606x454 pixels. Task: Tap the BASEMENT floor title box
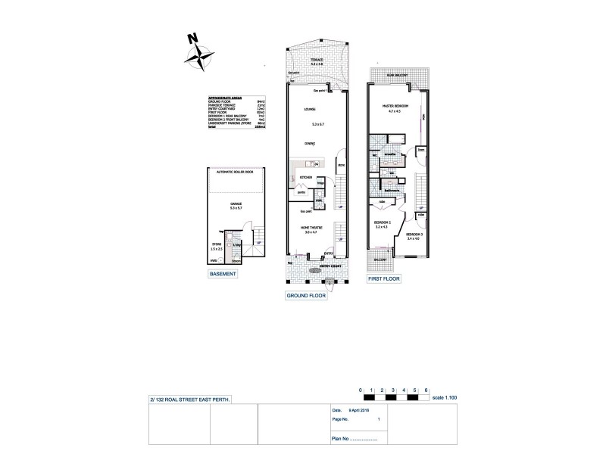tap(223, 275)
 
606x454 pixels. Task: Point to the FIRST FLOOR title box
tap(383, 278)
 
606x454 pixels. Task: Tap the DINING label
tap(310, 143)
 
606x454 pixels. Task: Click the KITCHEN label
tap(306, 176)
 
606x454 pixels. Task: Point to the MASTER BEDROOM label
tap(395, 105)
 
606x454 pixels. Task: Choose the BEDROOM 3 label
tap(414, 235)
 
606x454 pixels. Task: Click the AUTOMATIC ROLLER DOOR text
tap(236, 173)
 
